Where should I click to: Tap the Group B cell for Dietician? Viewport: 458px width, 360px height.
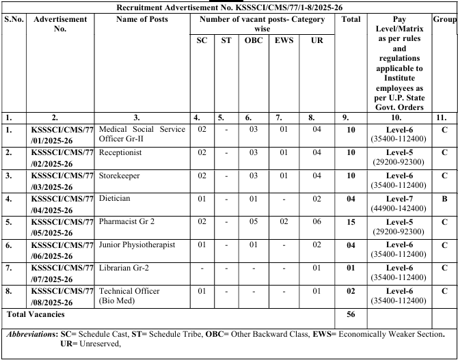(x=444, y=198)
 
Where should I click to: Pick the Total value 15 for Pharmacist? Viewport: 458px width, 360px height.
(x=351, y=221)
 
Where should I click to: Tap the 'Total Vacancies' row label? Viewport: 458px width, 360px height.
(x=36, y=314)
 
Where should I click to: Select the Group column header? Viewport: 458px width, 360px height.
(x=444, y=18)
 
